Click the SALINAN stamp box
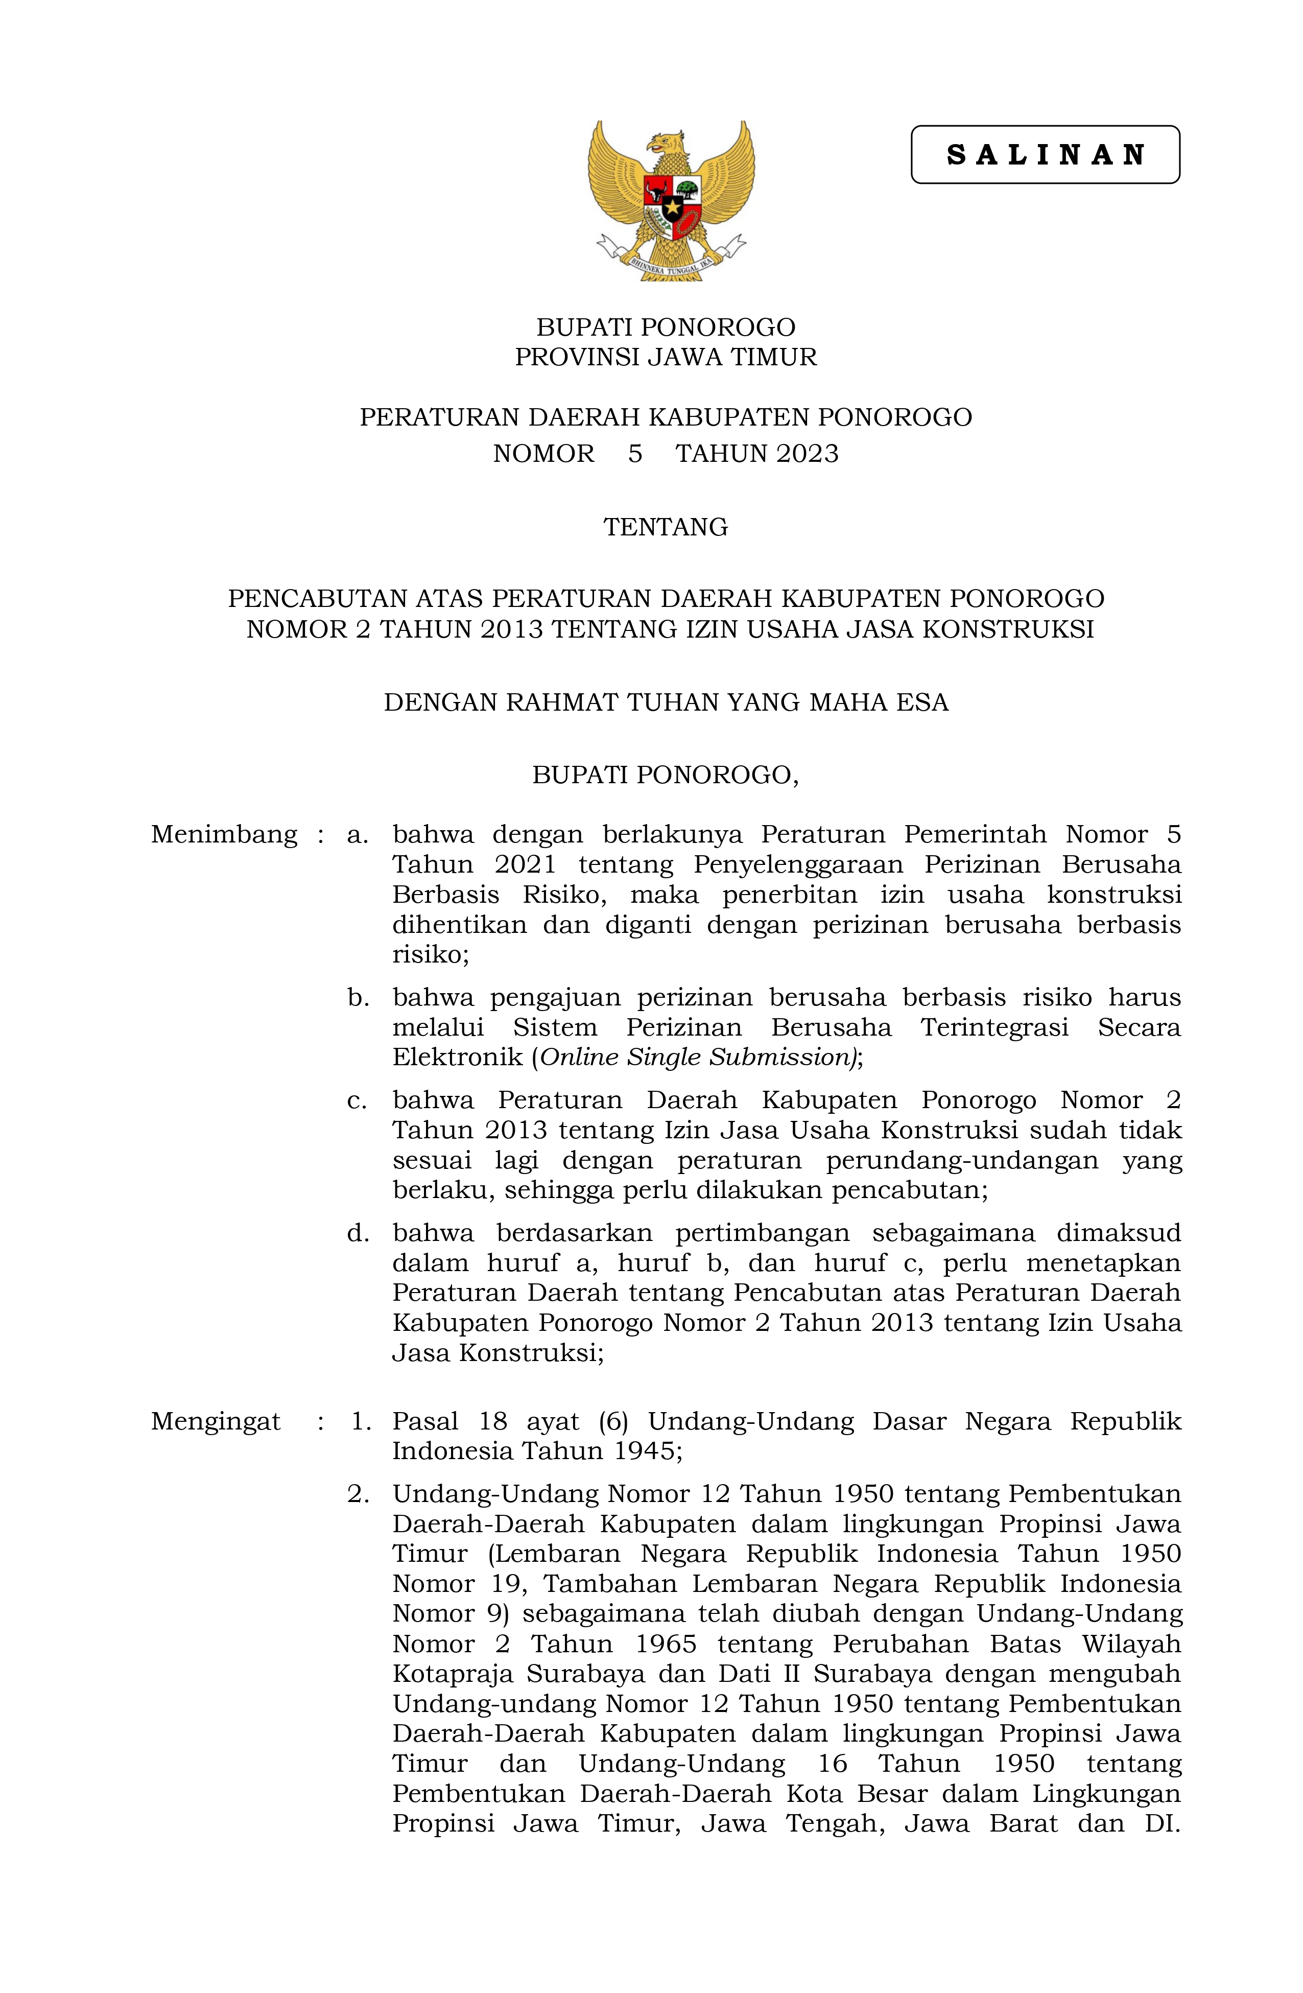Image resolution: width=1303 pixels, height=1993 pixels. tap(1044, 155)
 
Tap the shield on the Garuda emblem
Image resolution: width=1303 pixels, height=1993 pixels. tap(672, 205)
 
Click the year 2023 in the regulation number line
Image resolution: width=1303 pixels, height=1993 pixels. tap(807, 454)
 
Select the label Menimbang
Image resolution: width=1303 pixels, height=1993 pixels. tap(224, 835)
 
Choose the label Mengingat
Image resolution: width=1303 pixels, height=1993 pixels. tap(215, 1421)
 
